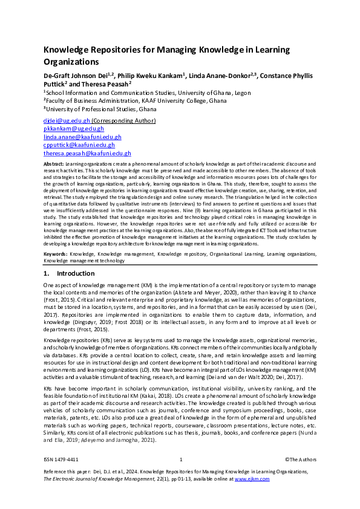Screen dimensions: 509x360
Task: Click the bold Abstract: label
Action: pyautogui.click(x=54, y=164)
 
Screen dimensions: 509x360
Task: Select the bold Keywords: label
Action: pyautogui.click(x=56, y=254)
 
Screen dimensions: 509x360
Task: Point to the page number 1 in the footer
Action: pyautogui.click(x=180, y=460)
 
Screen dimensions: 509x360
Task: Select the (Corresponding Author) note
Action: pyautogui.click(x=123, y=121)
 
